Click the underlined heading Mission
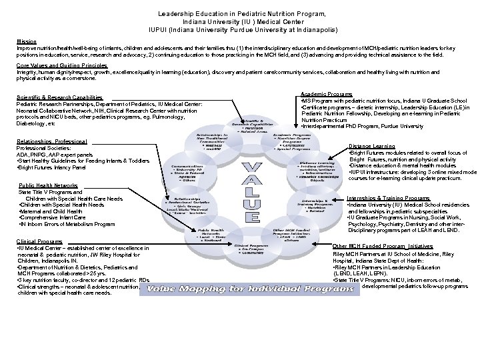coord(26,41)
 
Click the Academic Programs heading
coord(327,95)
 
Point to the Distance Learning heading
coord(372,146)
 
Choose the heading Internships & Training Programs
coord(389,198)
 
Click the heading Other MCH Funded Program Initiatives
coord(382,246)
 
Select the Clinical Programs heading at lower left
coord(39,241)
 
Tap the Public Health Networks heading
coord(48,185)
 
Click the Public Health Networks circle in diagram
coord(211,233)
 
